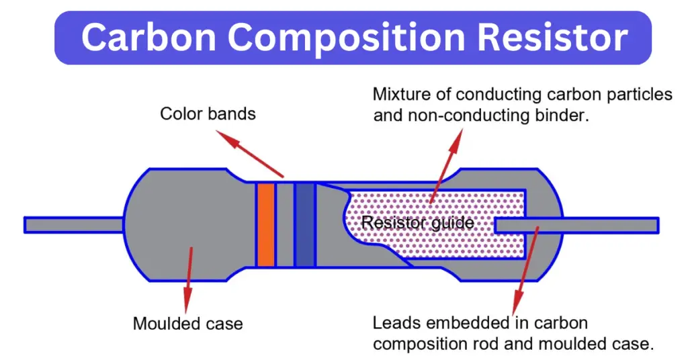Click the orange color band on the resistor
click(265, 224)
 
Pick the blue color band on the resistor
click(305, 224)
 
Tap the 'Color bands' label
click(208, 114)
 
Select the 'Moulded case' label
click(187, 324)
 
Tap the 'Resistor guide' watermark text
click(417, 222)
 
